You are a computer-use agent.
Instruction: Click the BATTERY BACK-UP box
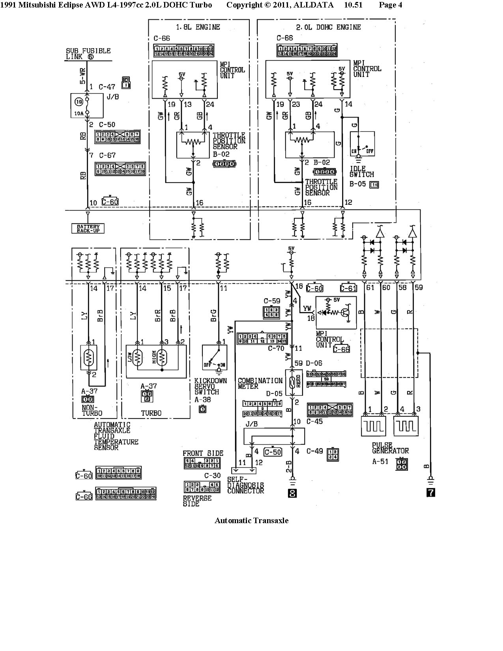coord(88,228)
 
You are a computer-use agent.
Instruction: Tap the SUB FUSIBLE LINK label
coord(88,54)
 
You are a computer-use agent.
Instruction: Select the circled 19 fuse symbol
coord(79,101)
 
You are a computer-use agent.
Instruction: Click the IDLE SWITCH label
coord(361,171)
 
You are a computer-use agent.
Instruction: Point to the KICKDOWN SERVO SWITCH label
coord(210,387)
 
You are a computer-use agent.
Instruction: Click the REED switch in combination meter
coord(292,382)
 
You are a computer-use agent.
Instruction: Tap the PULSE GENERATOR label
coord(390,448)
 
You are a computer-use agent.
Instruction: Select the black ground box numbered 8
coord(292,493)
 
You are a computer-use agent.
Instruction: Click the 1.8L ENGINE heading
coord(198,27)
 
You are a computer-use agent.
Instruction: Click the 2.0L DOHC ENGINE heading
coord(328,27)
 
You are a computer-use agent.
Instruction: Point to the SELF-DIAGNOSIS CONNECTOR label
coord(245,485)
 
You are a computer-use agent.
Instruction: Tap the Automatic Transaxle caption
coord(251,520)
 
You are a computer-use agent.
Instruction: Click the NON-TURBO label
coord(92,410)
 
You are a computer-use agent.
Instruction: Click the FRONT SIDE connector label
coord(203,453)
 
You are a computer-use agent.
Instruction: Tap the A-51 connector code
coord(380,461)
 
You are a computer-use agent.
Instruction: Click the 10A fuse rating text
coord(79,114)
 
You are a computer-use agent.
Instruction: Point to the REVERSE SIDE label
coord(197,501)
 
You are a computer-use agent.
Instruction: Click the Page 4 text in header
coord(390,5)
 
